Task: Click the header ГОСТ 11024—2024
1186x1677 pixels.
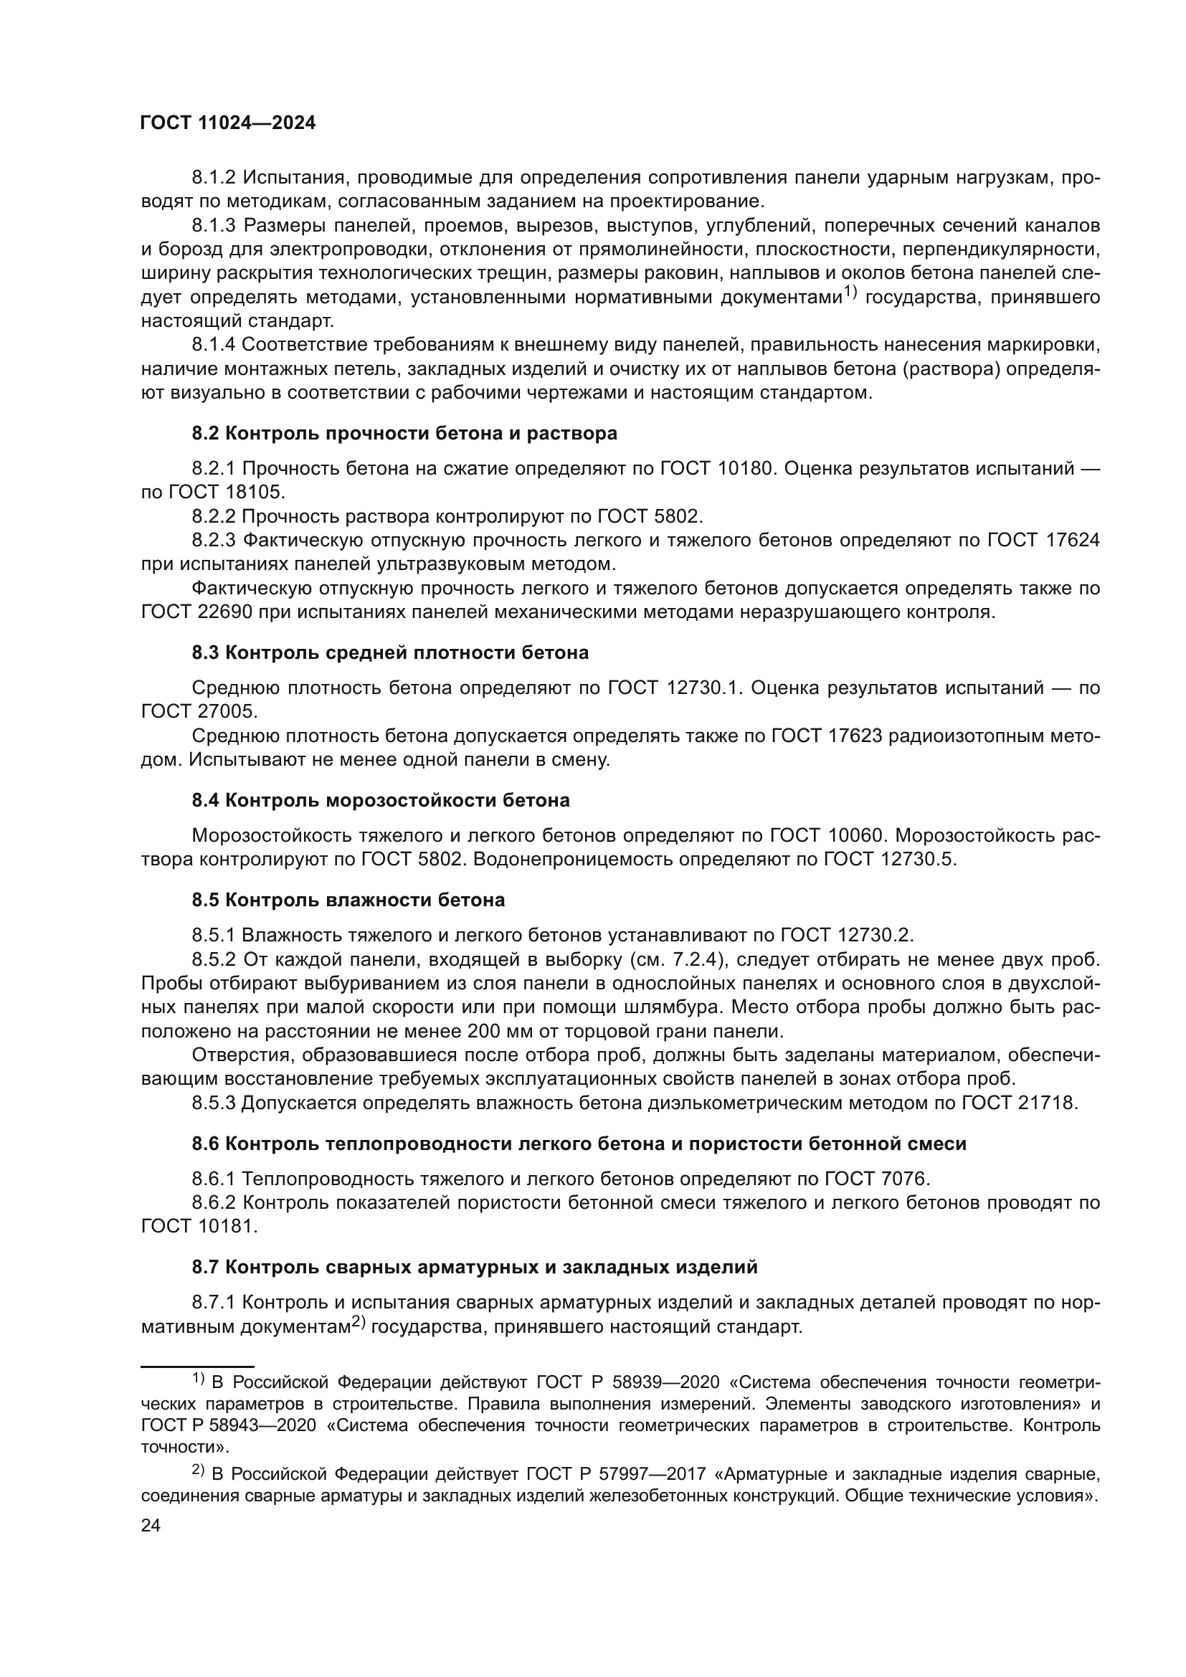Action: point(228,123)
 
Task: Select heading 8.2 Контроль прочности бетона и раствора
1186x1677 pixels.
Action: point(404,433)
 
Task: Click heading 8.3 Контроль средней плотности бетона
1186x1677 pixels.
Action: point(390,652)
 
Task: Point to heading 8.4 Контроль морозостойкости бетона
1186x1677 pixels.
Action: point(381,801)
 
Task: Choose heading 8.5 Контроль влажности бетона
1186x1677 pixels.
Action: point(348,900)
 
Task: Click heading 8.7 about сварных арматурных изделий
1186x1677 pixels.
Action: point(474,1267)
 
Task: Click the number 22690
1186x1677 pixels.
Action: point(225,612)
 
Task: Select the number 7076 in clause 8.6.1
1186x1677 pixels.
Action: point(902,1178)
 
